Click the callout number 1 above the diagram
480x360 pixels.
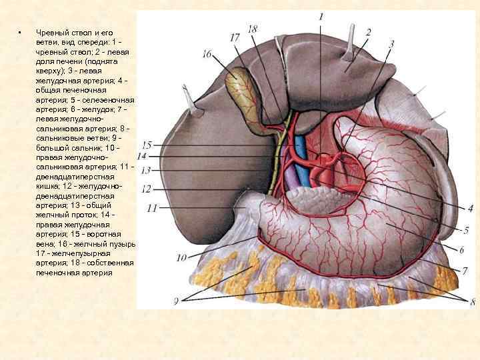[321, 15]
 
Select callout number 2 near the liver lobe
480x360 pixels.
[368, 31]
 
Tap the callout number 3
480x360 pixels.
[391, 44]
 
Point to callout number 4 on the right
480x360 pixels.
[470, 209]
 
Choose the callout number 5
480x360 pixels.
[467, 230]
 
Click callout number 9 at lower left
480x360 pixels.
[176, 301]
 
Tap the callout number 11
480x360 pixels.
[152, 208]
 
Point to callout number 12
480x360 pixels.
[147, 189]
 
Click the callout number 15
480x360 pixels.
[147, 145]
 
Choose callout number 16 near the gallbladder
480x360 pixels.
[207, 53]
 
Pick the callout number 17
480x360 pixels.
[235, 39]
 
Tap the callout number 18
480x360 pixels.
[252, 29]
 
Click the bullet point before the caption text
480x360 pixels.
[21, 33]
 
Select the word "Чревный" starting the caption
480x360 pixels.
[51, 33]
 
